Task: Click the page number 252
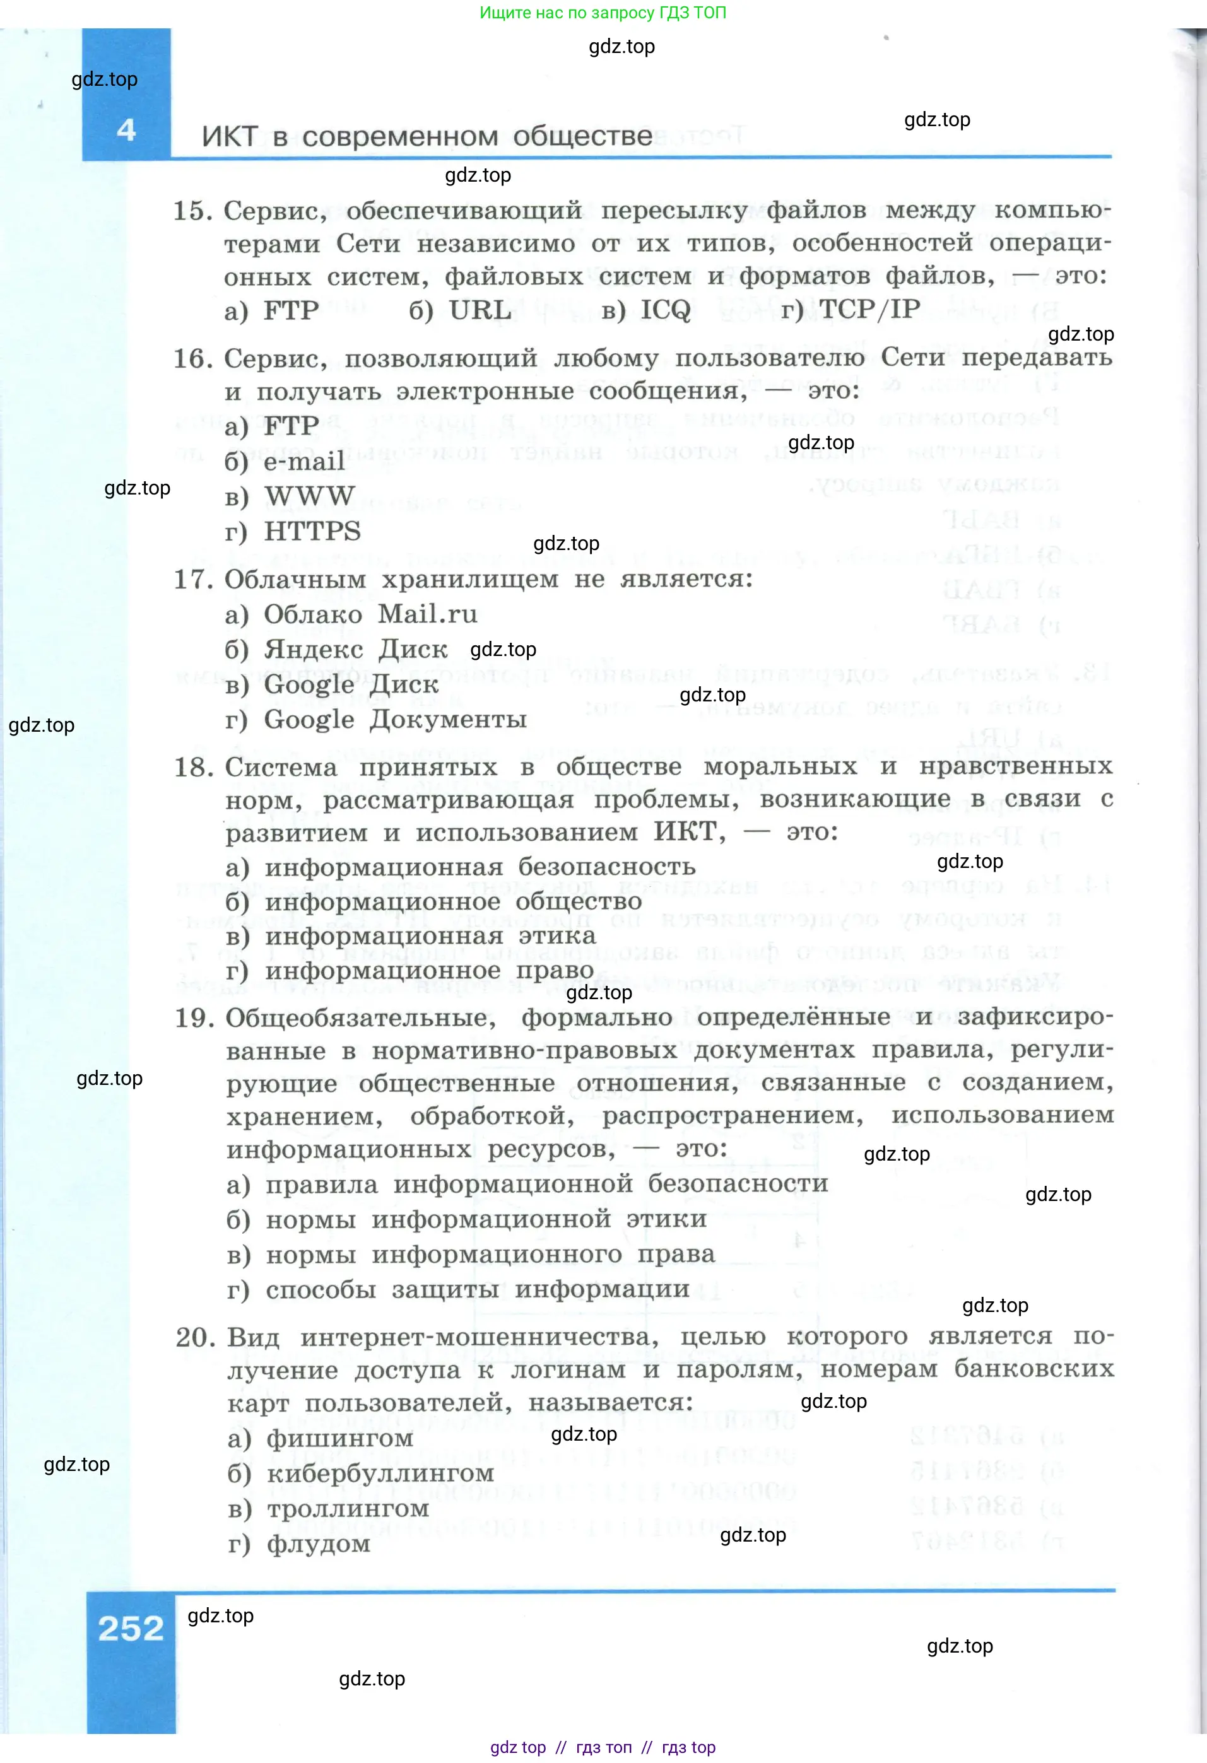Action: click(x=131, y=1629)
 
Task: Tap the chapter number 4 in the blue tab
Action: click(x=126, y=131)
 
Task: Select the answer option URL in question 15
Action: click(x=479, y=310)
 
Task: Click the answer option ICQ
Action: click(x=664, y=310)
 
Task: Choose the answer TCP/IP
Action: click(x=869, y=310)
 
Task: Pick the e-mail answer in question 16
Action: click(x=303, y=461)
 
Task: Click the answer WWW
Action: click(x=309, y=496)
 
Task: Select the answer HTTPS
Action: click(x=312, y=531)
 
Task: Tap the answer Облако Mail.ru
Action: click(x=370, y=614)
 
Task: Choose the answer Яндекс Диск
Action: click(x=355, y=649)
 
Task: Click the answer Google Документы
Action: click(x=394, y=719)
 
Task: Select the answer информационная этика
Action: click(x=430, y=936)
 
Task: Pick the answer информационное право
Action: click(x=428, y=971)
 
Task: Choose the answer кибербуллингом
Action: click(x=379, y=1473)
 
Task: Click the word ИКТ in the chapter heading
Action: click(x=230, y=138)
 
